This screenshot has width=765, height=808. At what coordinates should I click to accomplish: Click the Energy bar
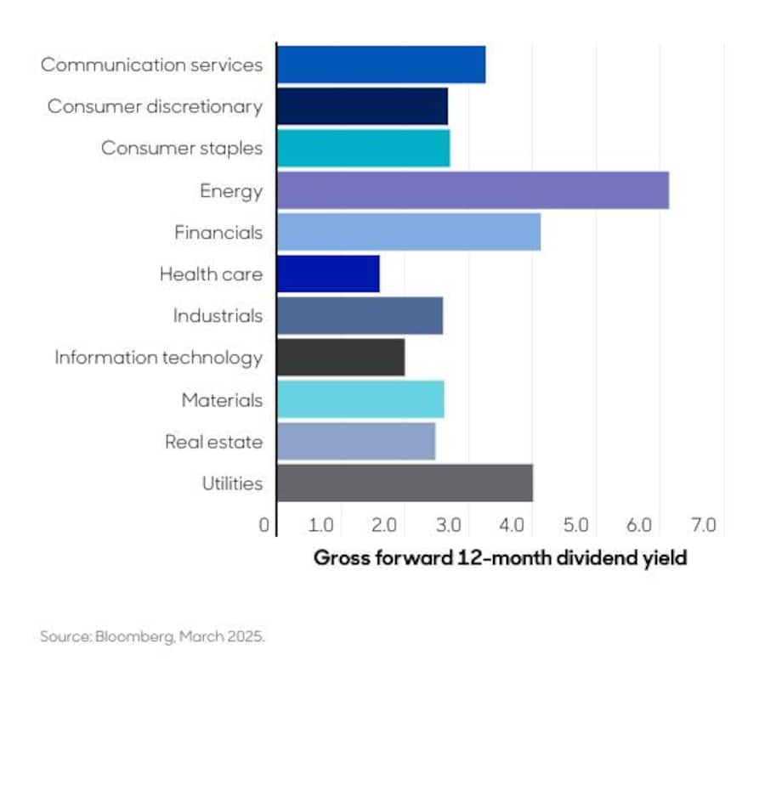(x=473, y=190)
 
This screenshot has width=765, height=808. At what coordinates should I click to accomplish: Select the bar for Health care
(x=328, y=274)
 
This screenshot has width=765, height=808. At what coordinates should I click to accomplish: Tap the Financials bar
(x=409, y=232)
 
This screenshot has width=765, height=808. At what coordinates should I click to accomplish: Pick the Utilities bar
(x=405, y=483)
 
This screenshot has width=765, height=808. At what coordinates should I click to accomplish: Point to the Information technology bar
(x=341, y=357)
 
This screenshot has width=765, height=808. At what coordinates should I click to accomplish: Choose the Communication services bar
(x=382, y=65)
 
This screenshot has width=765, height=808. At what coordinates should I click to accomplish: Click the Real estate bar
(x=356, y=441)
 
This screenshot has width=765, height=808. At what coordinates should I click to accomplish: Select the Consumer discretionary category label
(x=155, y=106)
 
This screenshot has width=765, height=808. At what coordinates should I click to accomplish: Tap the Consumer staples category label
(x=182, y=148)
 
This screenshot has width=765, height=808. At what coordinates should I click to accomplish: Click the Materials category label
(x=222, y=399)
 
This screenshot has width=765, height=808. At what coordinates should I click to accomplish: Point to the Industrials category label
(x=218, y=316)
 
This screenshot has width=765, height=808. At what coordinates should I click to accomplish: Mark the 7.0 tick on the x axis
(x=704, y=525)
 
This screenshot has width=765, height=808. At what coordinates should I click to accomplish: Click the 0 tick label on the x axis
(x=264, y=525)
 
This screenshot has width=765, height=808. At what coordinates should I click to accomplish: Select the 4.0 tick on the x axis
(x=513, y=525)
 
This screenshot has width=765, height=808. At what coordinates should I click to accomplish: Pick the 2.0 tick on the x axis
(x=385, y=525)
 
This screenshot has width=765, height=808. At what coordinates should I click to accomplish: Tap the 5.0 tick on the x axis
(x=576, y=525)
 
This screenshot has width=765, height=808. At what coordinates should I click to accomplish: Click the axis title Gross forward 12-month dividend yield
(x=500, y=558)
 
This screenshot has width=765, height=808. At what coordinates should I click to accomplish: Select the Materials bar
(x=360, y=399)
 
